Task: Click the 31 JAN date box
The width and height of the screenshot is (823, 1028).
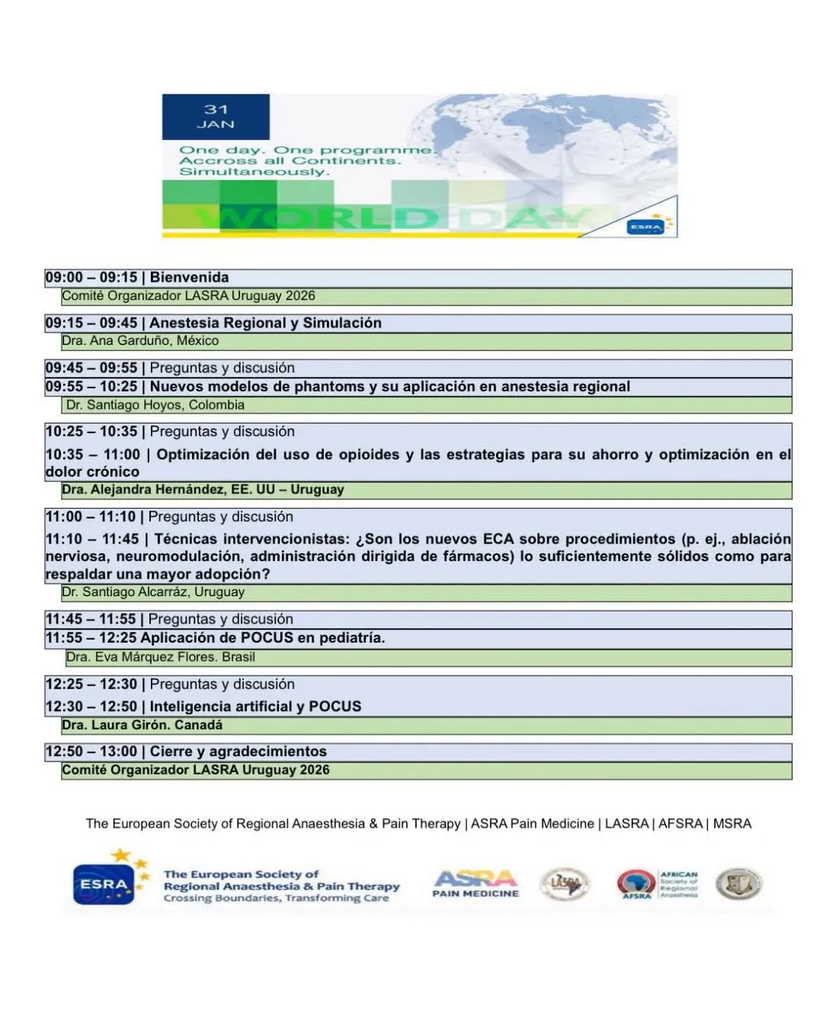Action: pos(216,117)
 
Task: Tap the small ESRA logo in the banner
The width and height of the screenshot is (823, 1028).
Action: pos(645,226)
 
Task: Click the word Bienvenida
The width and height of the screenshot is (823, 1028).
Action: pos(189,278)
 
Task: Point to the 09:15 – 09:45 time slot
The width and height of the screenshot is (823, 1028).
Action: pos(91,323)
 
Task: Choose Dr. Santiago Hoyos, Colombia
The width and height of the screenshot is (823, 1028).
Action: pos(155,405)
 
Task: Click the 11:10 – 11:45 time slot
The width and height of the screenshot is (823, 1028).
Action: pos(92,539)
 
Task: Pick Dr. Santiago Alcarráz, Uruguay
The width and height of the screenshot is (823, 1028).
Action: pos(153,592)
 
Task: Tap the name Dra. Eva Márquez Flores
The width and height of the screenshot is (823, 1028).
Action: pos(140,657)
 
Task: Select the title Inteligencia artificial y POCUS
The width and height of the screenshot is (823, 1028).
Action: pos(255,707)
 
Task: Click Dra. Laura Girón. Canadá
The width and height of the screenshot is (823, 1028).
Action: pos(143,725)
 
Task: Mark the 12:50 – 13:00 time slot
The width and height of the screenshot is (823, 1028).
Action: pos(91,752)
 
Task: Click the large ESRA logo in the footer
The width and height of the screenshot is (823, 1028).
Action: pos(105,884)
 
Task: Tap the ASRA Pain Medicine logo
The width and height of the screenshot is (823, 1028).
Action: pos(476,883)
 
